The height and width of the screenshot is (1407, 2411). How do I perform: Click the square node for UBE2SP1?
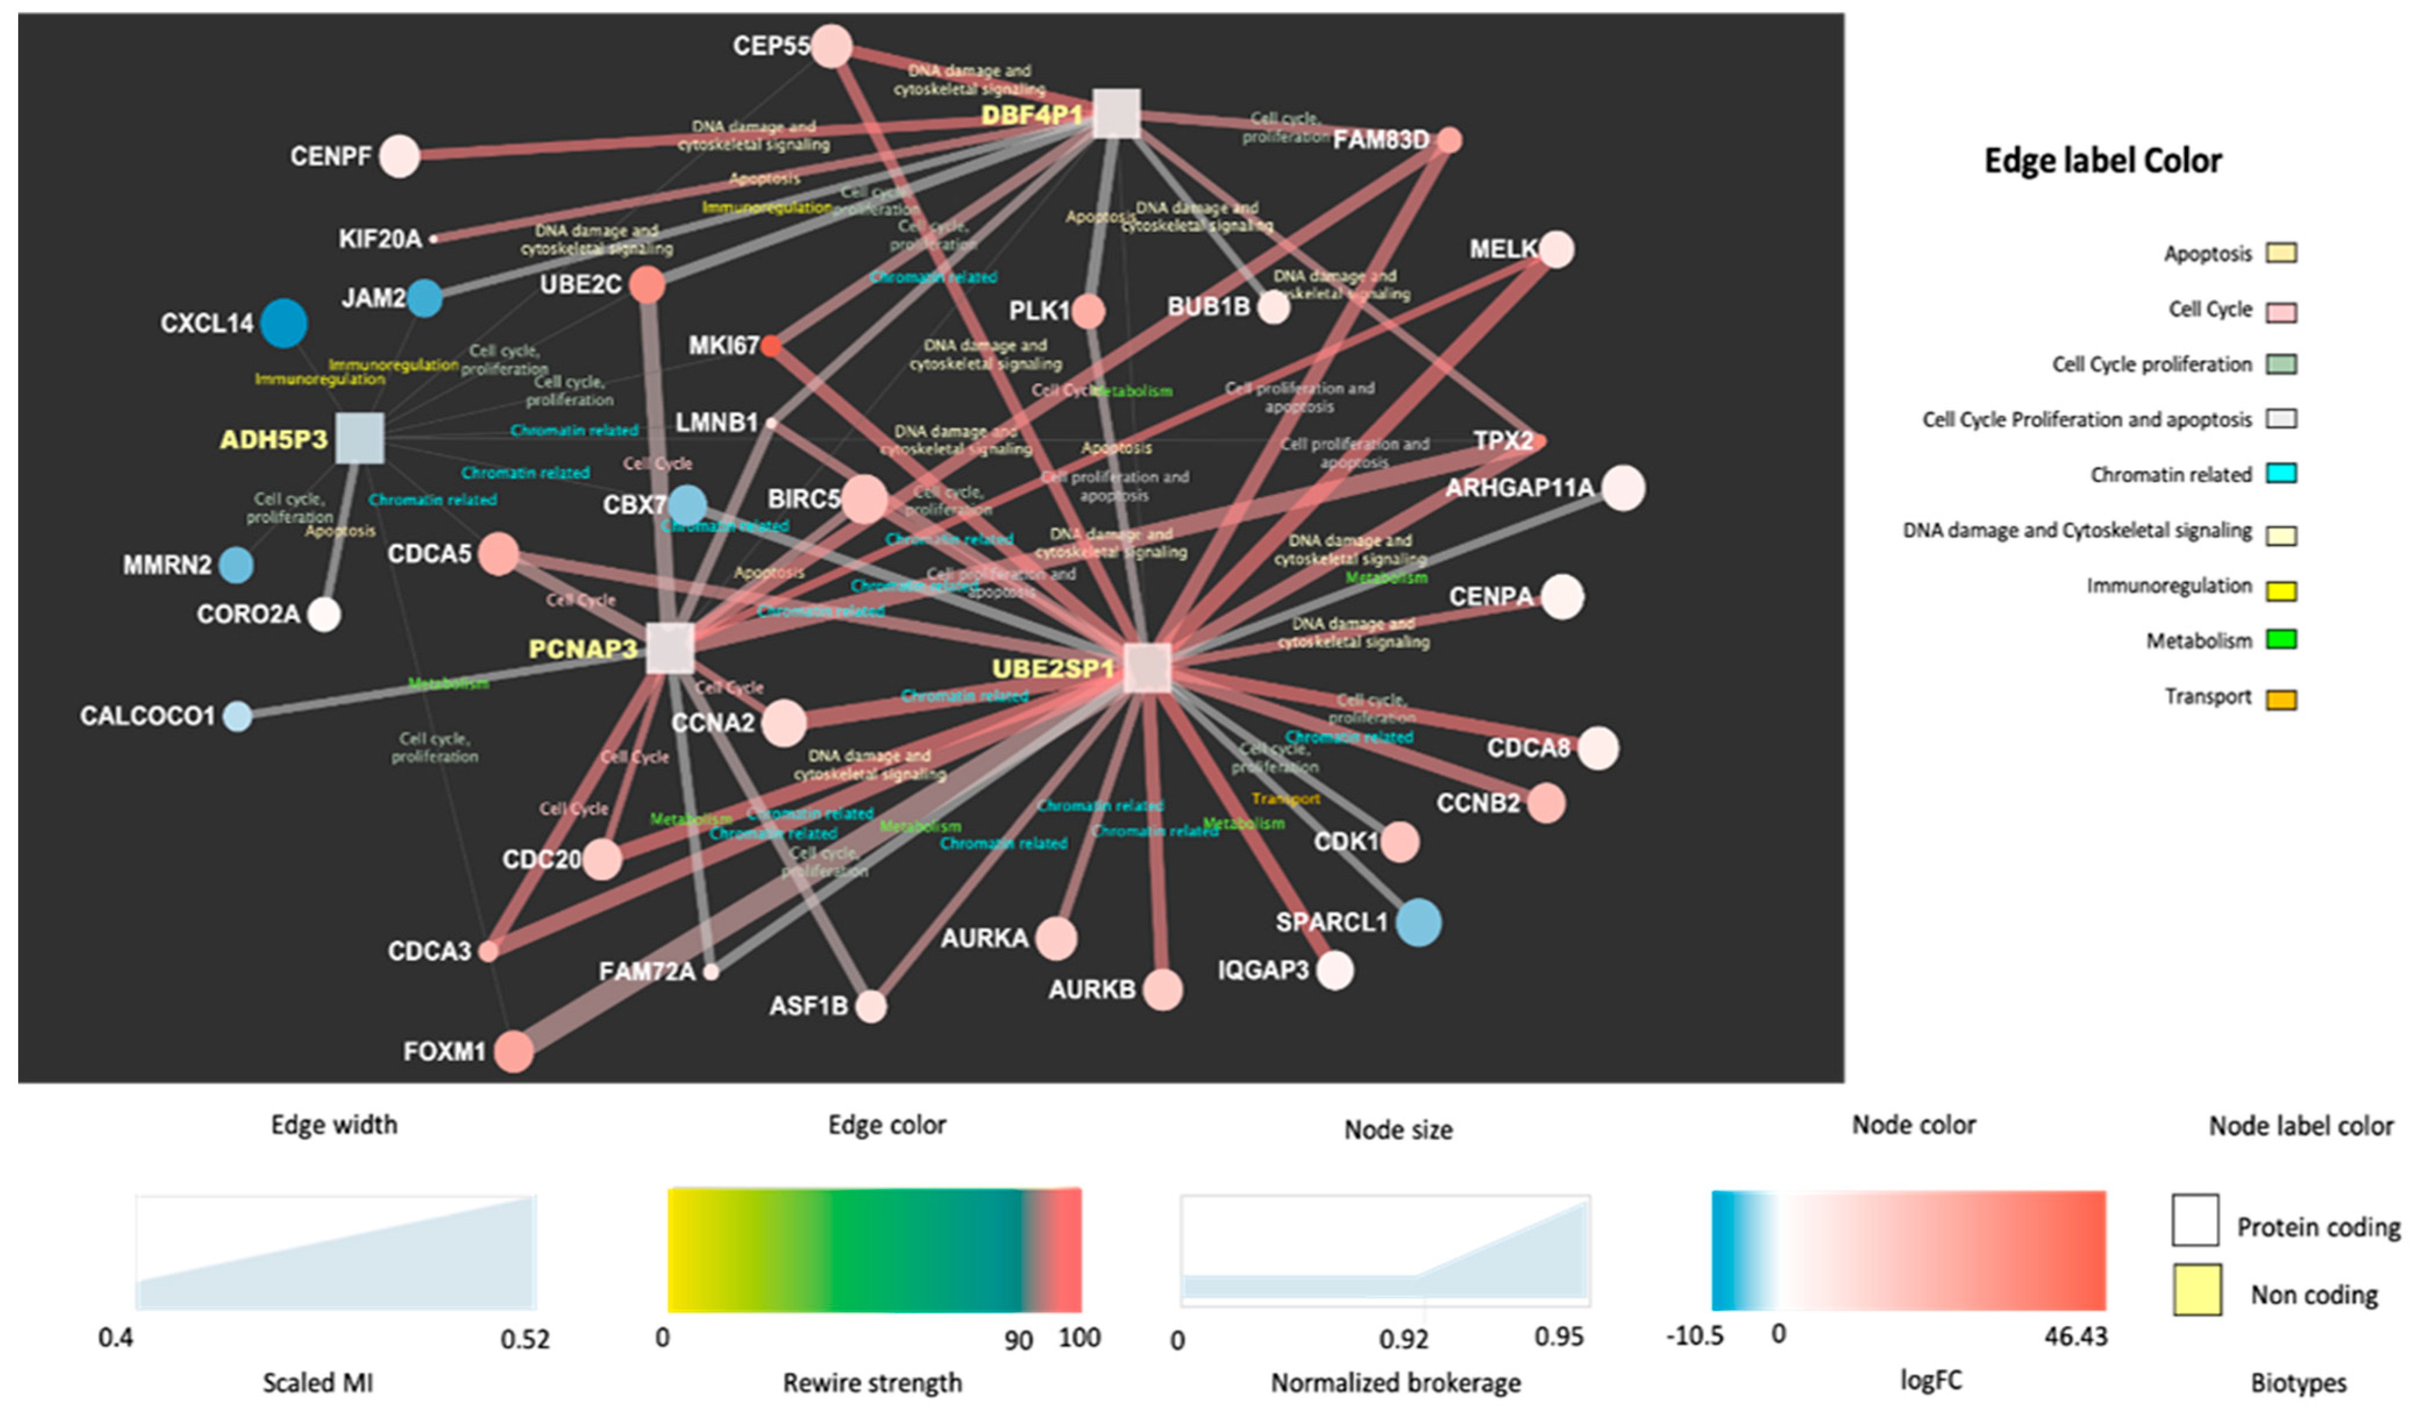[1147, 667]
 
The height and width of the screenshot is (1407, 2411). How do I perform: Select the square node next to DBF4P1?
[1115, 114]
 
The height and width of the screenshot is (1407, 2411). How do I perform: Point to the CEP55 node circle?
[831, 46]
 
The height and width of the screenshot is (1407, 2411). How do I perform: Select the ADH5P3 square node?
[360, 438]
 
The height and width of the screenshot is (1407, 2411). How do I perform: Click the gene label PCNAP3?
[582, 649]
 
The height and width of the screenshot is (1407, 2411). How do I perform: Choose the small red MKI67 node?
[771, 346]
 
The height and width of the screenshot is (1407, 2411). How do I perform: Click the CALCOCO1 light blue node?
[237, 716]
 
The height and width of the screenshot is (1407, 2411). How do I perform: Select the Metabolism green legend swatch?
[2282, 639]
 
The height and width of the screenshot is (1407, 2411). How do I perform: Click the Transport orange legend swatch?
[2282, 698]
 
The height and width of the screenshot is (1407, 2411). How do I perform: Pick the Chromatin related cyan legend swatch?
[2282, 473]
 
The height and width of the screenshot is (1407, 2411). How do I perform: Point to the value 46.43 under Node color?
[2076, 1336]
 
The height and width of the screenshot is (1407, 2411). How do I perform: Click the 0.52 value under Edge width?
[525, 1339]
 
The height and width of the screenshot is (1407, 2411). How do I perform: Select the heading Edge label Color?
[2103, 161]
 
